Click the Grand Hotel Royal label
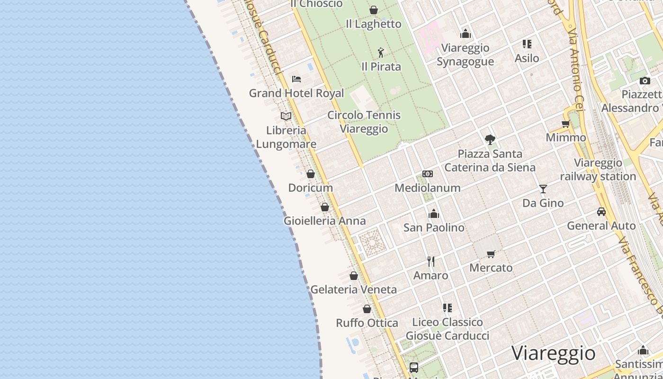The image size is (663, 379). coord(296,93)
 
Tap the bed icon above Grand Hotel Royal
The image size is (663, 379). coord(296,79)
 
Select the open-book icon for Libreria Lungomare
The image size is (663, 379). coord(286,116)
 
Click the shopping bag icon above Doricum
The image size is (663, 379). coord(311,174)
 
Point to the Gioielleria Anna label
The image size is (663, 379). coord(324,221)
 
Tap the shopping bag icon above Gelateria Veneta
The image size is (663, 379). coord(354,276)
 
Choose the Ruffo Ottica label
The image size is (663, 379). coord(367,323)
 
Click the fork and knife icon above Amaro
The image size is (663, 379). coord(431,262)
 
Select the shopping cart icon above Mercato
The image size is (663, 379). coord(491,254)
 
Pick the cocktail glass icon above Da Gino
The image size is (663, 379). coord(543,189)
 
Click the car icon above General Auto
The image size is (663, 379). coord(601,212)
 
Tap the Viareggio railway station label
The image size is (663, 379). coord(598,170)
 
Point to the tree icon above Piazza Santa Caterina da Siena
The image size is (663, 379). coord(490,140)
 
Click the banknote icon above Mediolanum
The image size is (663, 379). coord(428,174)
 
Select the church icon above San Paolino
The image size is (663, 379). coord(434,214)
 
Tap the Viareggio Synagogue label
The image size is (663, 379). coord(465,54)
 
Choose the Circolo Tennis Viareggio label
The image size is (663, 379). coord(364,122)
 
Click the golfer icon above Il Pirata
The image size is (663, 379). coord(381,53)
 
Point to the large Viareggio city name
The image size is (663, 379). coord(553,353)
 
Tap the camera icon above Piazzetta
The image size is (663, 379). coord(645,81)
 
